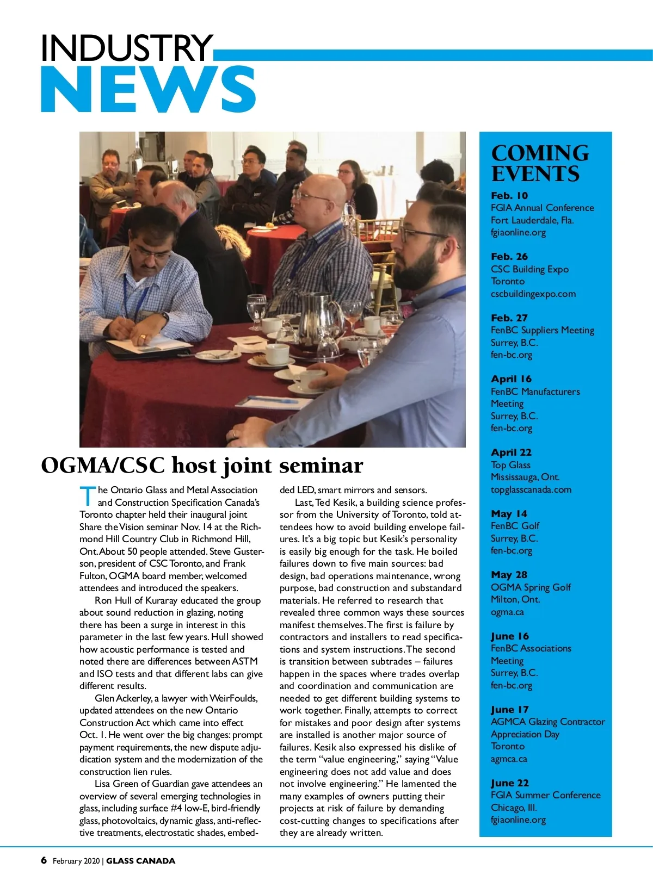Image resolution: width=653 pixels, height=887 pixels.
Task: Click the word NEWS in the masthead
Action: tap(148, 90)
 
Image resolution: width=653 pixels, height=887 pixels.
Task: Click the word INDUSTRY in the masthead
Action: tap(126, 48)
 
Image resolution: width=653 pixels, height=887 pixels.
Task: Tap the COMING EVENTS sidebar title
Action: tap(539, 163)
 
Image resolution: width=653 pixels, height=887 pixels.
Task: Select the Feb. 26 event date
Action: tap(509, 257)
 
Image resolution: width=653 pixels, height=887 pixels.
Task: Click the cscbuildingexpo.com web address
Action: tap(533, 294)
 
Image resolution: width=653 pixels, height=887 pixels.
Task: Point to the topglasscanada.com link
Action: tap(531, 489)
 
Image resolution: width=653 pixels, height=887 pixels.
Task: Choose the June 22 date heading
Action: tap(509, 783)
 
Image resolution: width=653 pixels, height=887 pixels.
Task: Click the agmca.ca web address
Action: tap(508, 759)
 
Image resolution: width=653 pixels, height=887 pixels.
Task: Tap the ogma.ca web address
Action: tap(507, 612)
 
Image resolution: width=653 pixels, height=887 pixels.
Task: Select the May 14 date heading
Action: tap(509, 514)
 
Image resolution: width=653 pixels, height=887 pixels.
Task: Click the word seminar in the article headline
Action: tap(321, 466)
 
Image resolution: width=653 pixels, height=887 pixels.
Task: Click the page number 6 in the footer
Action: tap(44, 860)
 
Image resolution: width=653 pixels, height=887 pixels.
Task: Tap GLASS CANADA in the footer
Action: tap(140, 861)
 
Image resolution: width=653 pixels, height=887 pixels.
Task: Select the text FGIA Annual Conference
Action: tap(542, 208)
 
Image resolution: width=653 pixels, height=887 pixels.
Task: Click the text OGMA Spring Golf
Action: tap(531, 587)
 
